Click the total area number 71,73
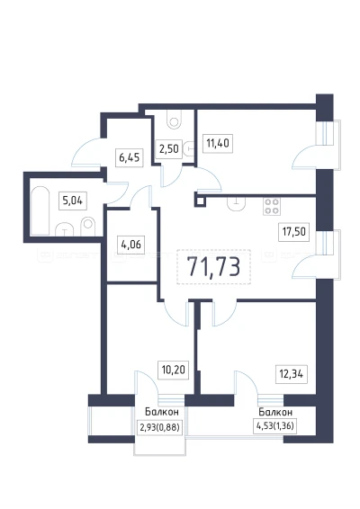point(214,267)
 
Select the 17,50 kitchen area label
point(293,232)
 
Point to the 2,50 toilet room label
point(168,149)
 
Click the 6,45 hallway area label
point(130,157)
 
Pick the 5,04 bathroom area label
point(73,201)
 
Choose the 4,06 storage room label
point(130,244)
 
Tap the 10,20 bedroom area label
point(173,370)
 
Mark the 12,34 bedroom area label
point(291,374)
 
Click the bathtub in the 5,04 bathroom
point(40,210)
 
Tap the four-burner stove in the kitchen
point(272,206)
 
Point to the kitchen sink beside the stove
point(237,203)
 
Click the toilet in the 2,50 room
point(175,119)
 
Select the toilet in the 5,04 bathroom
point(87,226)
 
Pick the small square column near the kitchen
point(200,201)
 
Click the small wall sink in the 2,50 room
point(189,149)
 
